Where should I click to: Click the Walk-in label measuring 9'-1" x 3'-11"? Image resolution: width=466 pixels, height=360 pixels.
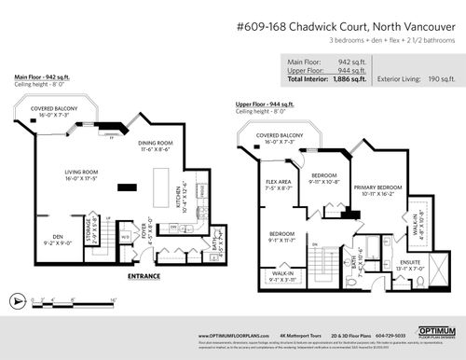pos(283,275)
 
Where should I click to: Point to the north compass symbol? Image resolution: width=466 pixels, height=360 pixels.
pos(18,301)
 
